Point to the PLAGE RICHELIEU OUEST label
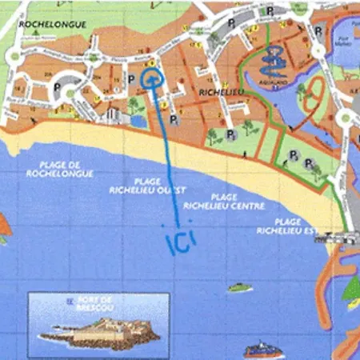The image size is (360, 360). [x=142, y=186]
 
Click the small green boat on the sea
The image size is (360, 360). [x=238, y=287]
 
